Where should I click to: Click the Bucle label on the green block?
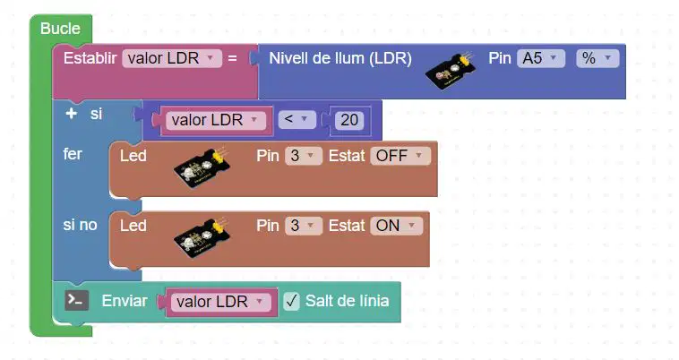pyautogui.click(x=60, y=29)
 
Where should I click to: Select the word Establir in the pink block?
pyautogui.click(x=90, y=58)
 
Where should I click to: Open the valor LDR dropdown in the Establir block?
pyautogui.click(x=172, y=58)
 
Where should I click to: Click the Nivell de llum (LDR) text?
pyautogui.click(x=340, y=58)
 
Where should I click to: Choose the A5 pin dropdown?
pyautogui.click(x=541, y=58)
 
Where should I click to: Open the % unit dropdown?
pyautogui.click(x=597, y=58)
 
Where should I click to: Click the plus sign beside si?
pyautogui.click(x=71, y=114)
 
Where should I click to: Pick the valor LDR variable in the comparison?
pyautogui.click(x=216, y=120)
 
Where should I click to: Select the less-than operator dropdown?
pyautogui.click(x=297, y=119)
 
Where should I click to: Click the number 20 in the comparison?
pyautogui.click(x=349, y=120)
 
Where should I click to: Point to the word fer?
pyautogui.click(x=73, y=154)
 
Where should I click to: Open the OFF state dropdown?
pyautogui.click(x=400, y=156)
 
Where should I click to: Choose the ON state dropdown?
pyautogui.click(x=396, y=226)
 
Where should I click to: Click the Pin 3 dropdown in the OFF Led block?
pyautogui.click(x=303, y=156)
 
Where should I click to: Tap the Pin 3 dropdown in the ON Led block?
pyautogui.click(x=303, y=226)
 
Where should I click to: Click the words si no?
pyautogui.click(x=80, y=225)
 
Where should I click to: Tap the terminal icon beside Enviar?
pyautogui.click(x=77, y=300)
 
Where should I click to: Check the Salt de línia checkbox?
pyautogui.click(x=291, y=301)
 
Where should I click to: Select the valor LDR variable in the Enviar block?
pyautogui.click(x=221, y=302)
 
